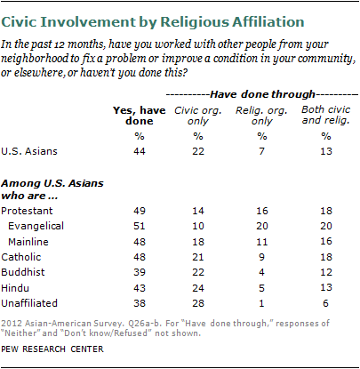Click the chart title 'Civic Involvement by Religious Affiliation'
(153, 22)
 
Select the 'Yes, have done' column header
(140, 116)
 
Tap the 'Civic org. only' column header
(198, 116)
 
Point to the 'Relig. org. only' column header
(261, 116)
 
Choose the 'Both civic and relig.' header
(326, 115)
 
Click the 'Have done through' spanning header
(262, 94)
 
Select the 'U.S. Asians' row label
(29, 151)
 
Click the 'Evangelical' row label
(36, 226)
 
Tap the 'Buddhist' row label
(23, 272)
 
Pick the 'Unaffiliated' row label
(29, 303)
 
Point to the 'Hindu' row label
(15, 288)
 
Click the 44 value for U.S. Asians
(140, 151)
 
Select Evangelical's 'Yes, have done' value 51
(140, 226)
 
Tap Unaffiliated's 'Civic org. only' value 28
(198, 303)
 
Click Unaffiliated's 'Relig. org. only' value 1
(261, 303)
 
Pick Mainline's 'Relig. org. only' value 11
(262, 242)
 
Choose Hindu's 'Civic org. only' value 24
(198, 288)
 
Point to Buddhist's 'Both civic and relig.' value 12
(326, 272)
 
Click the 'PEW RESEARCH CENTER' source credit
(52, 349)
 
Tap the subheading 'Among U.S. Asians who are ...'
(52, 189)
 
